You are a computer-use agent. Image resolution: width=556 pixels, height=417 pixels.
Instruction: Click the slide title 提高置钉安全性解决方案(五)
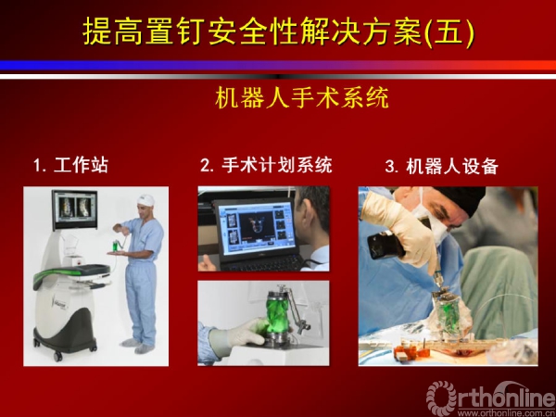click(278, 32)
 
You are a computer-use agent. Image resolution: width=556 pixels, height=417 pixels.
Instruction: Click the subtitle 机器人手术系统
click(302, 98)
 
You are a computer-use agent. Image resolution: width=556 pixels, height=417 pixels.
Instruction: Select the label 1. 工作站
click(70, 165)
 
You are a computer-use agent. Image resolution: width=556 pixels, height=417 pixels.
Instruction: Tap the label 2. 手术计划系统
click(266, 165)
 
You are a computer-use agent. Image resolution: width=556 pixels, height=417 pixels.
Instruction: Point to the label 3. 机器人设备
click(442, 166)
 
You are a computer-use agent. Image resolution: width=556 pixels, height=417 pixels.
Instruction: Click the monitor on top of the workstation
click(74, 209)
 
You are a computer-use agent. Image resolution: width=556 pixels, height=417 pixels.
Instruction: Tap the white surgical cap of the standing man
click(146, 199)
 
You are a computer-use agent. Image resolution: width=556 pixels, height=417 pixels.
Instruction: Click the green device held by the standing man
click(116, 245)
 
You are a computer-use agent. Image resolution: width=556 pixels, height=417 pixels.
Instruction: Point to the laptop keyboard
click(266, 262)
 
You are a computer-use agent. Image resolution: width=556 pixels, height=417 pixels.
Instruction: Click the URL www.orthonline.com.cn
click(506, 413)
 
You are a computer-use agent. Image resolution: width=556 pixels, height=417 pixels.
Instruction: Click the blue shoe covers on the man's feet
click(137, 346)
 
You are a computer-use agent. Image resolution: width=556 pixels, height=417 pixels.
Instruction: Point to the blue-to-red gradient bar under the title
click(278, 65)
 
